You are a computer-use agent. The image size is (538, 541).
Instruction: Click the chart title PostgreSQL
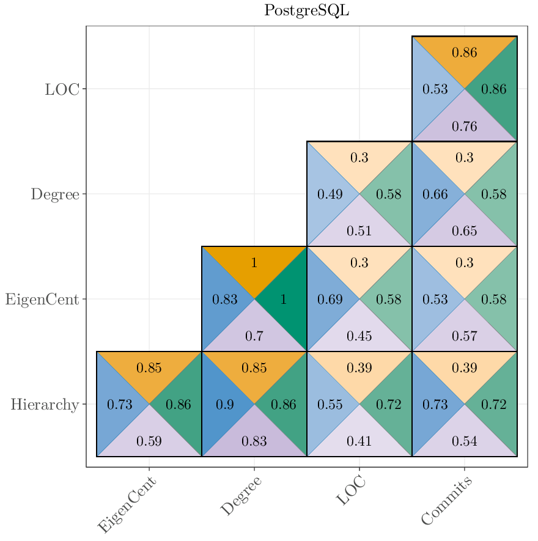click(306, 11)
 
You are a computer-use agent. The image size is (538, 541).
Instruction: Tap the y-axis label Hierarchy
click(45, 404)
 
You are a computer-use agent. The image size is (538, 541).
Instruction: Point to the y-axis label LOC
click(62, 89)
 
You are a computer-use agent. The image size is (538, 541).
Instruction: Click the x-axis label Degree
click(241, 496)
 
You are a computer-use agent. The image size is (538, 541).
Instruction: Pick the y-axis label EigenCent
click(42, 300)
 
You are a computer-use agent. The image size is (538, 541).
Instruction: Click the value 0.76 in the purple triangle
click(464, 127)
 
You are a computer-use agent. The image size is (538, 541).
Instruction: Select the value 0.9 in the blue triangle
click(224, 405)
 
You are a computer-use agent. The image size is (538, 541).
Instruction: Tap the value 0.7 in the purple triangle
click(254, 336)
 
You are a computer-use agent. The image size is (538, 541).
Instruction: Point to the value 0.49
click(330, 195)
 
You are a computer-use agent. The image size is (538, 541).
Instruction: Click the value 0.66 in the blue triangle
click(435, 195)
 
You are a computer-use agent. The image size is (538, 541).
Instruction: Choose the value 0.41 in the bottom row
click(359, 441)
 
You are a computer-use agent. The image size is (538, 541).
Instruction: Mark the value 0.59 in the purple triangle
click(149, 441)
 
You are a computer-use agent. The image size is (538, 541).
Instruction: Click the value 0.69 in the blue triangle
click(330, 300)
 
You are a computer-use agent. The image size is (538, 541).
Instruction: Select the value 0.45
click(359, 336)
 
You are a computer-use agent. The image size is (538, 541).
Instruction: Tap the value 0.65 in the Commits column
click(464, 231)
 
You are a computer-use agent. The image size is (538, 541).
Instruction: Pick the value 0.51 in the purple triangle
click(359, 231)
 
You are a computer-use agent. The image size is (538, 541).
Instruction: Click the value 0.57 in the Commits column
click(464, 336)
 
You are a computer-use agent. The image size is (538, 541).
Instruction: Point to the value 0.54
click(464, 441)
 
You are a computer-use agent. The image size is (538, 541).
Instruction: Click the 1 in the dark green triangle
click(283, 300)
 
